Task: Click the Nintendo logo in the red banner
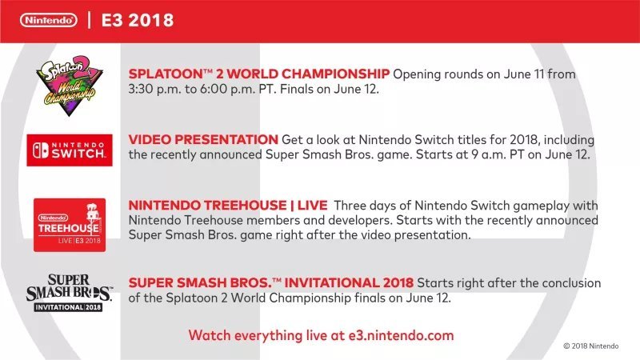coord(48,20)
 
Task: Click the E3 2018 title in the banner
coord(138,21)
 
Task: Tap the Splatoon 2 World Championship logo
coord(70,86)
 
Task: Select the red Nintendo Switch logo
coord(70,150)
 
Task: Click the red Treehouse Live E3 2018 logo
coord(70,225)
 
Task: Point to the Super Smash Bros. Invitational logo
coord(69,293)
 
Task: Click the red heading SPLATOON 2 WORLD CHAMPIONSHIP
coord(258,74)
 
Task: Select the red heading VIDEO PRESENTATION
coord(203,139)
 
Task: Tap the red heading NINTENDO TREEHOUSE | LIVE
coord(228,206)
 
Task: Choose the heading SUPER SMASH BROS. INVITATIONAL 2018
coord(270,282)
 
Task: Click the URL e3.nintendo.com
coord(401,335)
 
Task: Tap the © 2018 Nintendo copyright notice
coord(591,346)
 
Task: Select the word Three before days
coord(352,206)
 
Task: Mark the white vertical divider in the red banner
coord(89,20)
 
